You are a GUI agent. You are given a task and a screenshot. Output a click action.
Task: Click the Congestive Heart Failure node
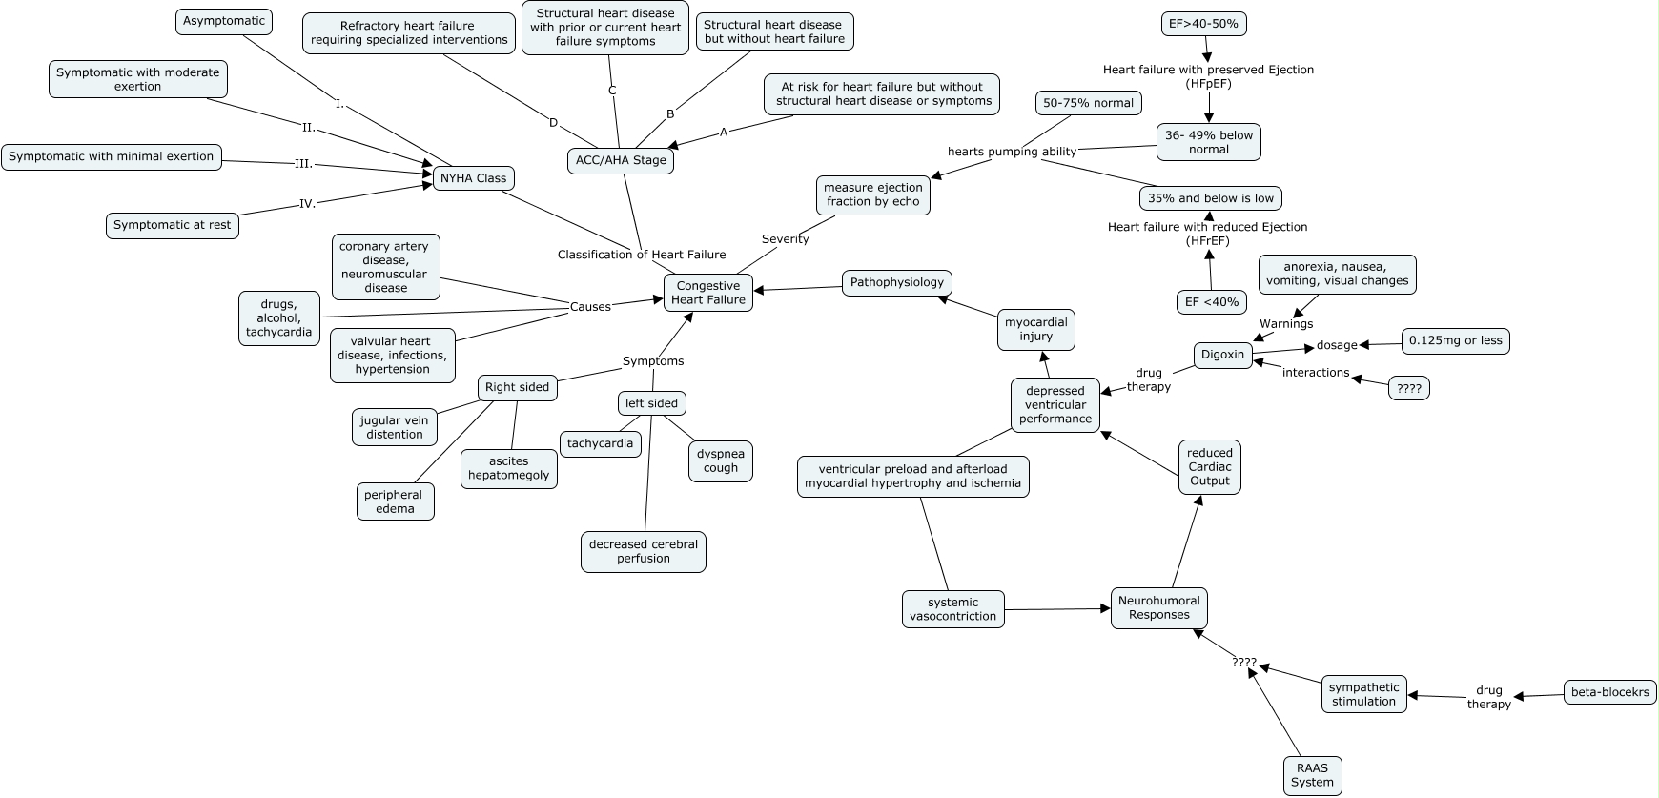708,293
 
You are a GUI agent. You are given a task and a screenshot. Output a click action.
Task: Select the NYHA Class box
474,178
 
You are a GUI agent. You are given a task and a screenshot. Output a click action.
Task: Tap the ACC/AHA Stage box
621,160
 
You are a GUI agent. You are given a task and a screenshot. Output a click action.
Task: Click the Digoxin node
1222,355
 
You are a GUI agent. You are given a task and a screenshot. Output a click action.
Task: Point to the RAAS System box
1312,775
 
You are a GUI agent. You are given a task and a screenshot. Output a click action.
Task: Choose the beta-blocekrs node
1610,692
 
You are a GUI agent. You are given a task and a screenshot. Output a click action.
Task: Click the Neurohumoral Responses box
1158,608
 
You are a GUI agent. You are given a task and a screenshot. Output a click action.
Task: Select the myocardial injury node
1036,330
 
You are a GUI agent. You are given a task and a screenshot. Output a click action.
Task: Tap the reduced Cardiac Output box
1210,467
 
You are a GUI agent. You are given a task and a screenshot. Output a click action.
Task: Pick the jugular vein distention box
395,427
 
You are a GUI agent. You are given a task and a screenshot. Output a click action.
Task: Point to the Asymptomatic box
224,21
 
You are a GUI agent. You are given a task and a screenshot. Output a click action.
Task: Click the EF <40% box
1212,302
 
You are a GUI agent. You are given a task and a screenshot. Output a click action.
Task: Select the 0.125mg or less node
1455,340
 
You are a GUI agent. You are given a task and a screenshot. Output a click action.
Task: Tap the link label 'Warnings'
1286,324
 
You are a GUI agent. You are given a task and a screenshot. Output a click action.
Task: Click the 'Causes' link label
590,307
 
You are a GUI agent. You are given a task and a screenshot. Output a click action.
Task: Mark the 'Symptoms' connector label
653,361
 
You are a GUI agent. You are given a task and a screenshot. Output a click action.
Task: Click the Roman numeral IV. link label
307,203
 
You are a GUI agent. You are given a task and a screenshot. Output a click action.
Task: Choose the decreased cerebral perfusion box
644,552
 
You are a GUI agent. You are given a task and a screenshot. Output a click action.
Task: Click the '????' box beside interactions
1408,388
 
